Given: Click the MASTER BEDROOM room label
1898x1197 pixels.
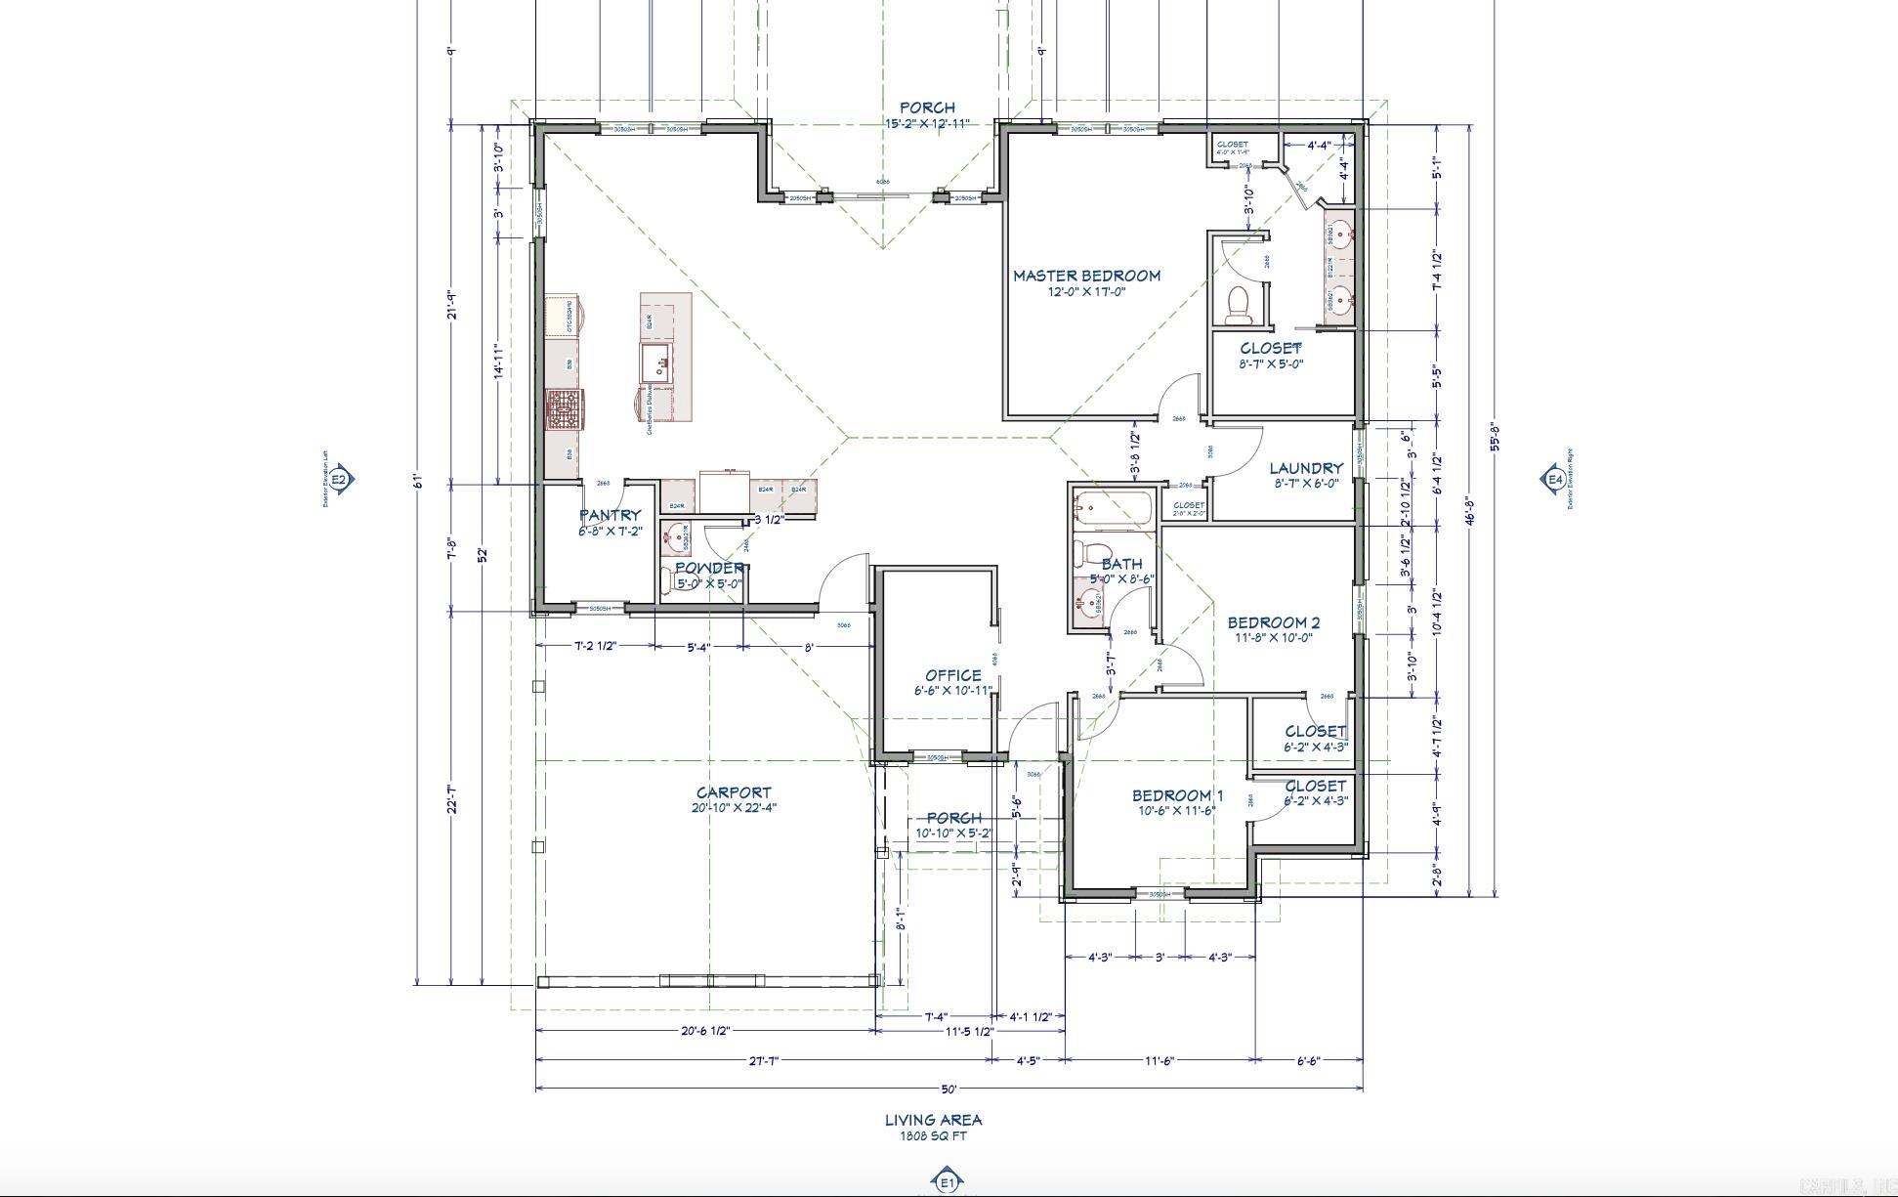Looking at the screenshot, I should click(1086, 276).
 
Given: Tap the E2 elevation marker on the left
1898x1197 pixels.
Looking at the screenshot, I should click(339, 479).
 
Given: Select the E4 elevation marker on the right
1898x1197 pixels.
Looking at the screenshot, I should click(1553, 479).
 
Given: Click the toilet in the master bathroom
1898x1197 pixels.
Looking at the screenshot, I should click(1239, 303).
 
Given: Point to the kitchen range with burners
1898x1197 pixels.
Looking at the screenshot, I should click(564, 409).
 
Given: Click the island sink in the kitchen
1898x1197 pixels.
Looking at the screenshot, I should click(655, 363).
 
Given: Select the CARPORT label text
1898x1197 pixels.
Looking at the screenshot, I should click(734, 792).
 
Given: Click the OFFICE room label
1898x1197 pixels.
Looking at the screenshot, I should click(953, 675).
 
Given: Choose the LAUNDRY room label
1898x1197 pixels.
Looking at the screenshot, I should click(1306, 468).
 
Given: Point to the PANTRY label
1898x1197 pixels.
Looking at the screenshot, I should click(611, 515).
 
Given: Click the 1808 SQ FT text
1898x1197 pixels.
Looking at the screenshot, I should click(933, 1135).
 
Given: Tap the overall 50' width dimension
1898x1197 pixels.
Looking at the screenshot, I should click(949, 1089).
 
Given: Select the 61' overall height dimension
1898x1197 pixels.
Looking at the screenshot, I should click(417, 481).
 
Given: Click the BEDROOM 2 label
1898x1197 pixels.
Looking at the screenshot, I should click(1274, 622).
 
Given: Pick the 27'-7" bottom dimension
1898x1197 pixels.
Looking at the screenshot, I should click(763, 1060).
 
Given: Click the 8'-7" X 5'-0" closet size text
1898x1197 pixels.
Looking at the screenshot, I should click(1271, 363).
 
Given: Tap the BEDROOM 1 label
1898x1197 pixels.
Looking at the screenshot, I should click(1177, 795).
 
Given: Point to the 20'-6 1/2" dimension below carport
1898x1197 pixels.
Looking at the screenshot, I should click(705, 1031).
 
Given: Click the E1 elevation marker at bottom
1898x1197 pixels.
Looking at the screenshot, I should click(947, 1182).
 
